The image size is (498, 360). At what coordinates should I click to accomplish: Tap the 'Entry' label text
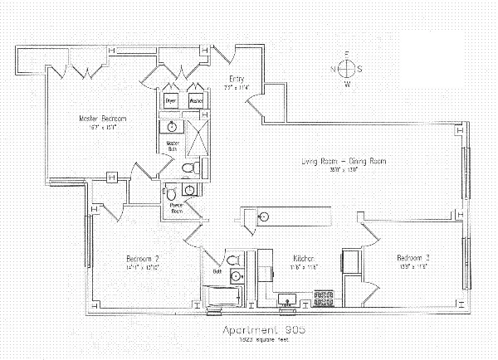coord(237,80)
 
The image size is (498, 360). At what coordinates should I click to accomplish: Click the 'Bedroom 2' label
coord(143,256)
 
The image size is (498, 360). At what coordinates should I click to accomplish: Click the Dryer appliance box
coord(172,101)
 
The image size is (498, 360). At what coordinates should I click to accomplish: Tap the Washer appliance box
coord(196,101)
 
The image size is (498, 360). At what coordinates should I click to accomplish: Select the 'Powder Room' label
coord(176,208)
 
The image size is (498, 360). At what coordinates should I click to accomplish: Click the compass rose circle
coord(347,70)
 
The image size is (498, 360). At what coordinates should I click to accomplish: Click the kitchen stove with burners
coord(321,296)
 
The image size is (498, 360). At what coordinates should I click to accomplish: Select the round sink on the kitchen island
coord(263,217)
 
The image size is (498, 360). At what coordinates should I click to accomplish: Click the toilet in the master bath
coord(188,168)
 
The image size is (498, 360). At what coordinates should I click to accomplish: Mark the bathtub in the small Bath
coord(219,297)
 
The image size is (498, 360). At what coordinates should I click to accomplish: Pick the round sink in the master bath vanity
coord(171,127)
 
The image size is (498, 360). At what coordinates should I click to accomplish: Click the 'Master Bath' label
coord(173,145)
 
